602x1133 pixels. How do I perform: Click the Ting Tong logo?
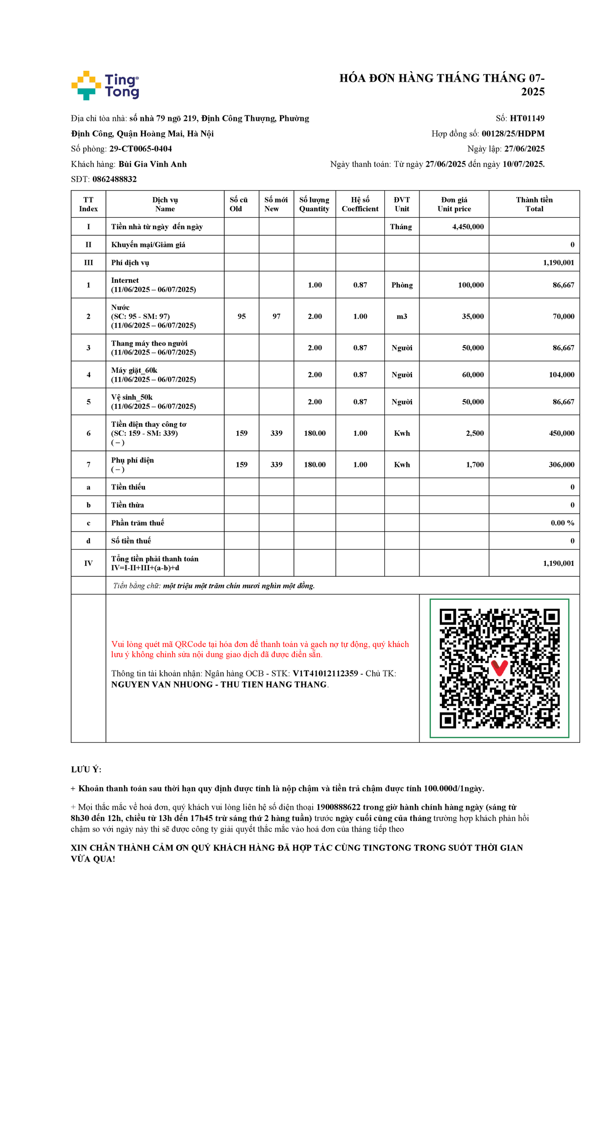(105, 85)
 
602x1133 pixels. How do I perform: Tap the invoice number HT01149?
(527, 118)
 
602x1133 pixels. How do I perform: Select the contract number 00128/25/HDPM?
(513, 133)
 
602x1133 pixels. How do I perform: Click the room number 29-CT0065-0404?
(140, 148)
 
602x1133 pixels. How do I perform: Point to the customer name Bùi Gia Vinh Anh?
(153, 164)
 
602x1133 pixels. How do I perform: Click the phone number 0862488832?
(114, 179)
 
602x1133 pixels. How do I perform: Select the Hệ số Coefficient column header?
(360, 204)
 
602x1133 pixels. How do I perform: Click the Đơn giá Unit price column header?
(454, 204)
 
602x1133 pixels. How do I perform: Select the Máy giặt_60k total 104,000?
(561, 375)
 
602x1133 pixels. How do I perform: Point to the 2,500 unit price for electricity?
(475, 433)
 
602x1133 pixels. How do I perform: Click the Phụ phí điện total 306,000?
(561, 465)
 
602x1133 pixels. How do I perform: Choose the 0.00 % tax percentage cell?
(562, 523)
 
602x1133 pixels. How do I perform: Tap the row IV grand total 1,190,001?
(558, 563)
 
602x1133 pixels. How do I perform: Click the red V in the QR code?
(499, 668)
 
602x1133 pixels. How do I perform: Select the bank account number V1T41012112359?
(325, 674)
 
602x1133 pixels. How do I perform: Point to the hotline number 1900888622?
(338, 807)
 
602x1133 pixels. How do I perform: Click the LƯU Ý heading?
(86, 769)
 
